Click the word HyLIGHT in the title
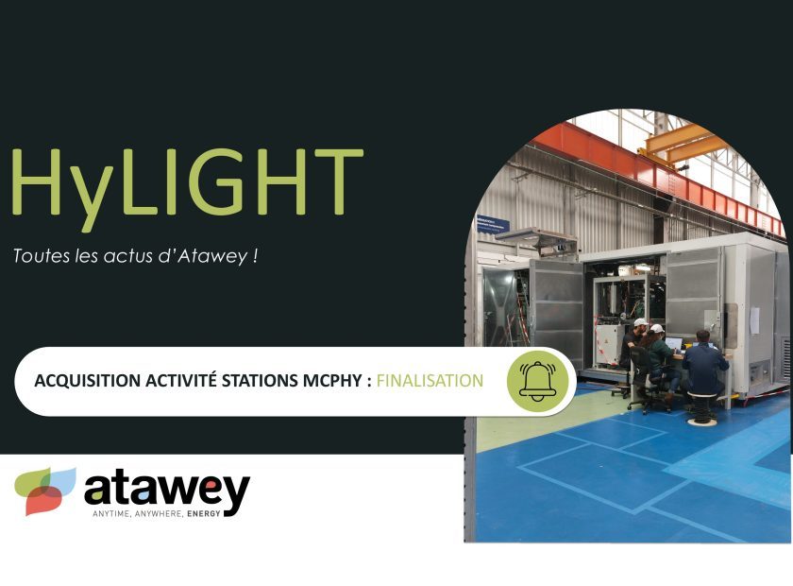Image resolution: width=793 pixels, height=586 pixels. click(x=187, y=188)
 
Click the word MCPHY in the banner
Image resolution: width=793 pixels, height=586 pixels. click(x=332, y=380)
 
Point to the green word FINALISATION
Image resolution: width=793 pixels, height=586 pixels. click(x=430, y=380)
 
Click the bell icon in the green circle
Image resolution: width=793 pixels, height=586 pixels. click(x=537, y=381)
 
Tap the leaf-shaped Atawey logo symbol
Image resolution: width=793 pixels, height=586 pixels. click(x=45, y=491)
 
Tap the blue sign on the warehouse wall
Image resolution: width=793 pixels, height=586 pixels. click(x=493, y=224)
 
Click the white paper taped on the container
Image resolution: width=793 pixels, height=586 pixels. click(x=754, y=320)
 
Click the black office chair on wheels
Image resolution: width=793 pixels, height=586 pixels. click(x=642, y=380)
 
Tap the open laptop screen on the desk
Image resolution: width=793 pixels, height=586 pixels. click(x=674, y=344)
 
